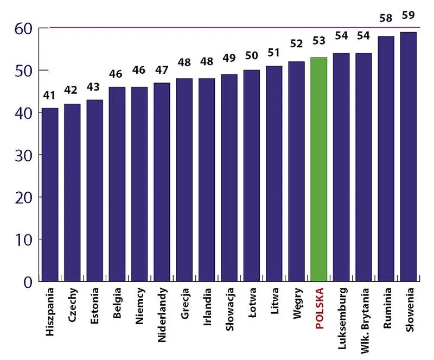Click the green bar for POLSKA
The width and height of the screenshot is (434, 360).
[x=318, y=169]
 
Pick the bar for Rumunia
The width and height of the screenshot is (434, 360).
[x=386, y=159]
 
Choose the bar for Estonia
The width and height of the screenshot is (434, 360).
[x=95, y=190]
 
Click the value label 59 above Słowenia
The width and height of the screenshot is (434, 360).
[x=408, y=15]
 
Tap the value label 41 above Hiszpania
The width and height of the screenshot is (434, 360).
[x=50, y=96]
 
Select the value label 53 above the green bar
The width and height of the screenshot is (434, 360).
[x=318, y=41]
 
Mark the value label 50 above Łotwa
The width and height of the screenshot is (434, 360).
[x=252, y=55]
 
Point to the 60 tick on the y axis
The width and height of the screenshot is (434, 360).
[x=21, y=28]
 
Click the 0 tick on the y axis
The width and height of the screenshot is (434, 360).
[x=28, y=281]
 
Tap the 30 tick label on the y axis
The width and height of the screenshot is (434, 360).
[x=21, y=155]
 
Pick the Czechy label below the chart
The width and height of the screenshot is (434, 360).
[x=73, y=307]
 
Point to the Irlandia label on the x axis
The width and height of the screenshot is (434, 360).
[x=208, y=307]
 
